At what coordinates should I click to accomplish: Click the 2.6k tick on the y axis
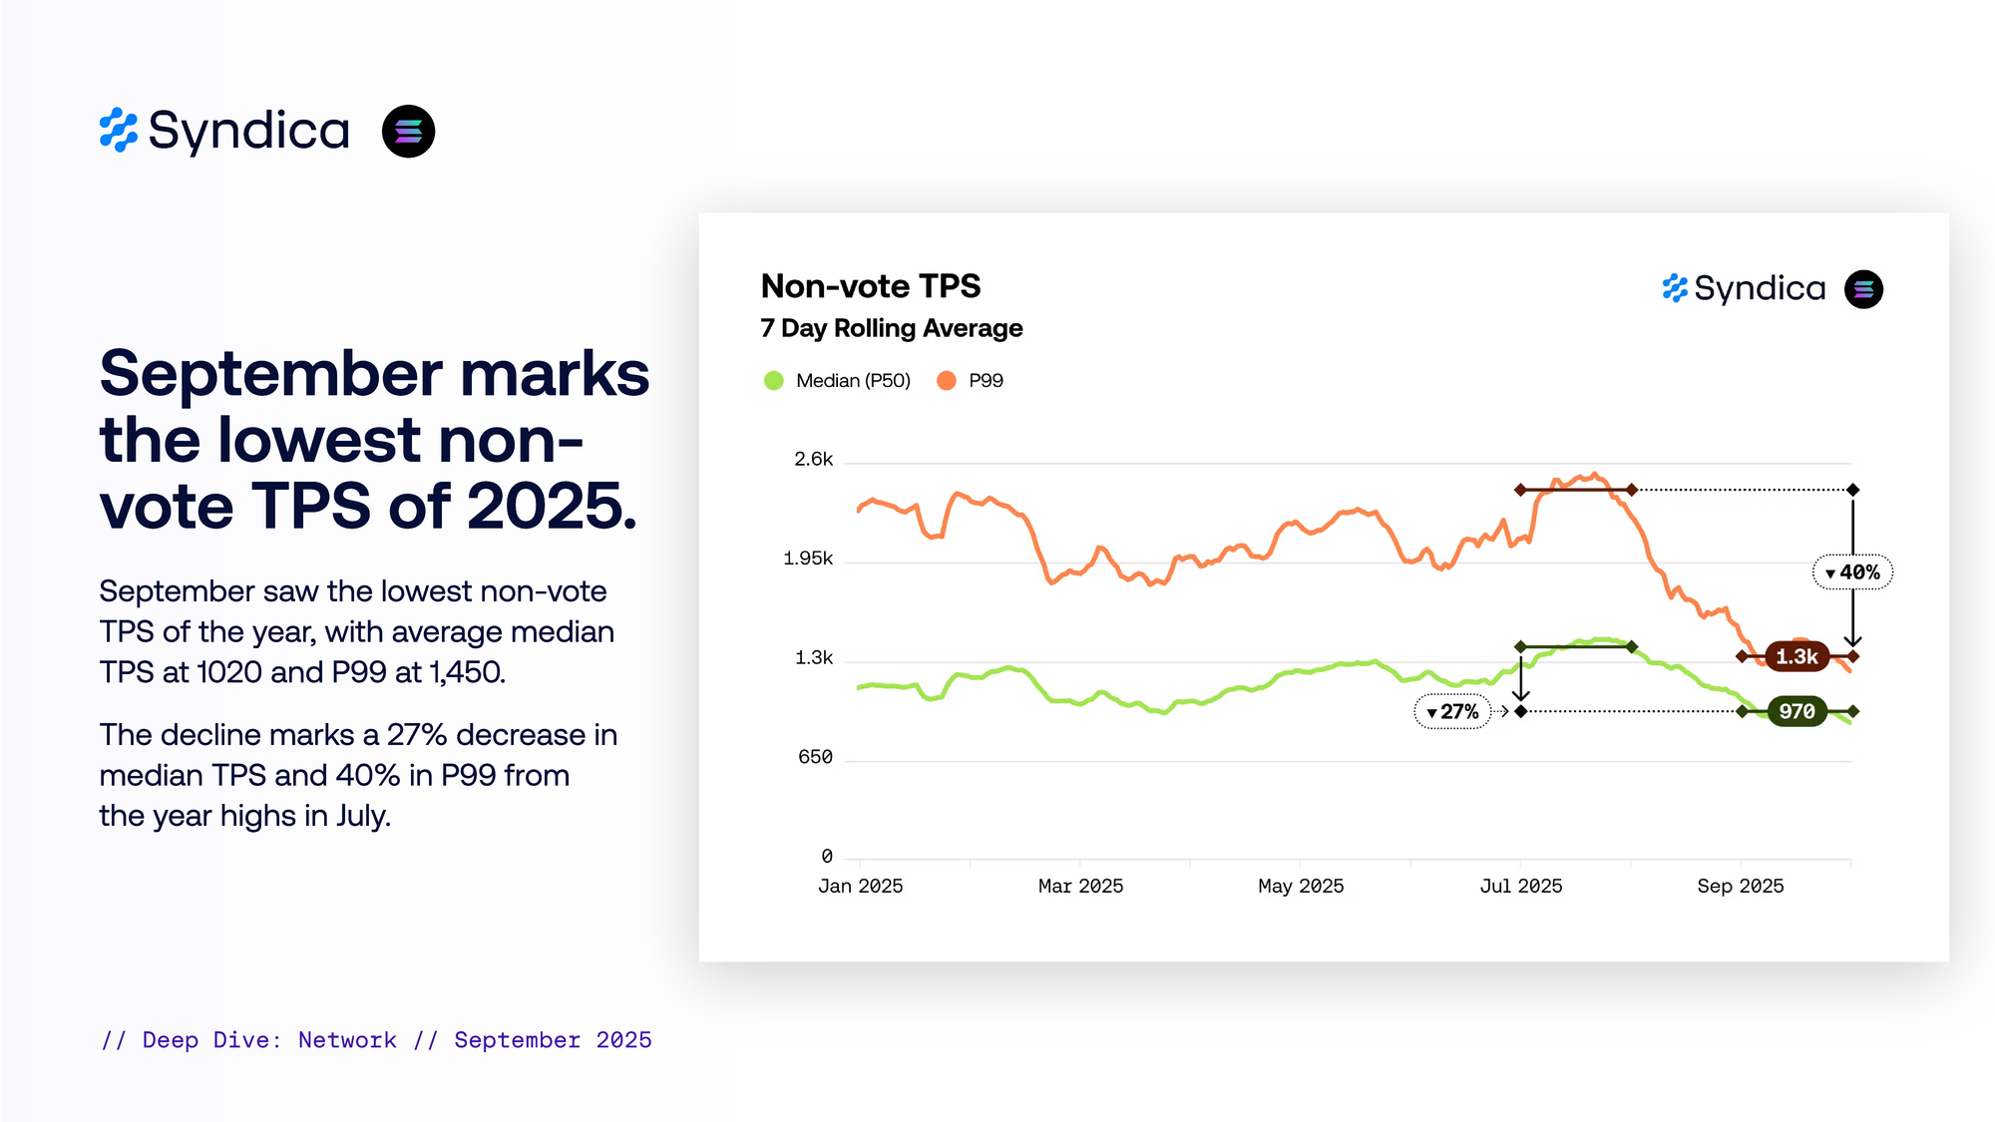(x=813, y=460)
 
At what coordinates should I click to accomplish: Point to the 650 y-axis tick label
(x=815, y=757)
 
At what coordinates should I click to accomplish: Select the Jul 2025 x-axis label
(x=1520, y=886)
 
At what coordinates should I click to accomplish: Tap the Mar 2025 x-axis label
(x=1080, y=886)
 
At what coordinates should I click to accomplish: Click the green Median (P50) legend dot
(x=773, y=381)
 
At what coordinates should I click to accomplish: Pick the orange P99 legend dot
(x=947, y=381)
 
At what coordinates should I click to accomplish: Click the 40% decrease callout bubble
(x=1852, y=572)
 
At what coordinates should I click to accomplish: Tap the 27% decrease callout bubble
(x=1452, y=712)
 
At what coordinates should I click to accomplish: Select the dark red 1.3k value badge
(x=1796, y=657)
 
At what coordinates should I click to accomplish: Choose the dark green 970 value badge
(x=1796, y=712)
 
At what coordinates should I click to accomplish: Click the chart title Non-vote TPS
(x=870, y=287)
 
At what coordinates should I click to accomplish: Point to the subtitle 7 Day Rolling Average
(x=891, y=328)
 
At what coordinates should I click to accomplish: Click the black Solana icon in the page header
(x=409, y=132)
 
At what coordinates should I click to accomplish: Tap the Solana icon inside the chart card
(x=1863, y=289)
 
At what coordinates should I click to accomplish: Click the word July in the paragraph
(x=361, y=816)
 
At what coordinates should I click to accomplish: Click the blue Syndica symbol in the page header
(x=118, y=131)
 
